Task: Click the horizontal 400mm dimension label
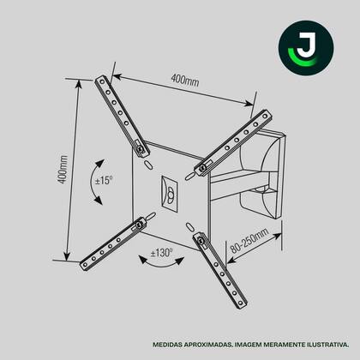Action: click(185, 80)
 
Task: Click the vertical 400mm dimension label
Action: click(63, 170)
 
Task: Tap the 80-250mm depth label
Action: click(249, 240)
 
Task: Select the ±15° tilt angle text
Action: click(104, 181)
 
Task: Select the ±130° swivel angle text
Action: click(162, 253)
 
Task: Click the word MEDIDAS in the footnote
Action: click(166, 345)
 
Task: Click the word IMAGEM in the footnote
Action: click(248, 345)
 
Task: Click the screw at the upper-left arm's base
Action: click(141, 149)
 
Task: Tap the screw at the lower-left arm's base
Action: click(140, 225)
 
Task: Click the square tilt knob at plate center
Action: click(170, 194)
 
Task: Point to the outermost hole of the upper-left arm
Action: click(102, 82)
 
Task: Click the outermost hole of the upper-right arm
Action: click(265, 117)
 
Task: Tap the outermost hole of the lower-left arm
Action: click(85, 265)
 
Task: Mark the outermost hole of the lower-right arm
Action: click(241, 303)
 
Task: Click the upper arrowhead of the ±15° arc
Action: click(100, 164)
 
